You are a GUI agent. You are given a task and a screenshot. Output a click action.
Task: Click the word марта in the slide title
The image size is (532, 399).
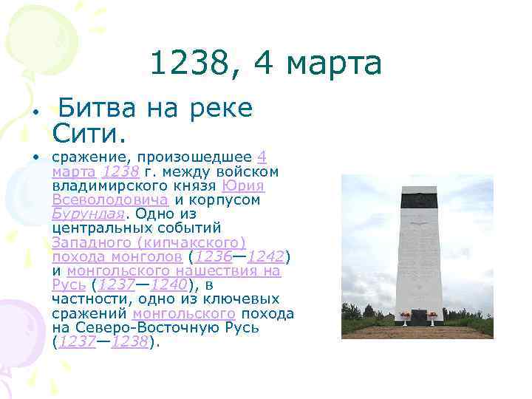pyautogui.click(x=334, y=64)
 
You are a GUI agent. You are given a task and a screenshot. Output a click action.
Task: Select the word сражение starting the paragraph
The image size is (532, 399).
pyautogui.click(x=83, y=157)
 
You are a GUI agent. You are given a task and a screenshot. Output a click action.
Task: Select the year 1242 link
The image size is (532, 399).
pyautogui.click(x=266, y=256)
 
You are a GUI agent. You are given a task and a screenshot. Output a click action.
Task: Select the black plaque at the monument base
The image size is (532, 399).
pyautogui.click(x=419, y=317)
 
